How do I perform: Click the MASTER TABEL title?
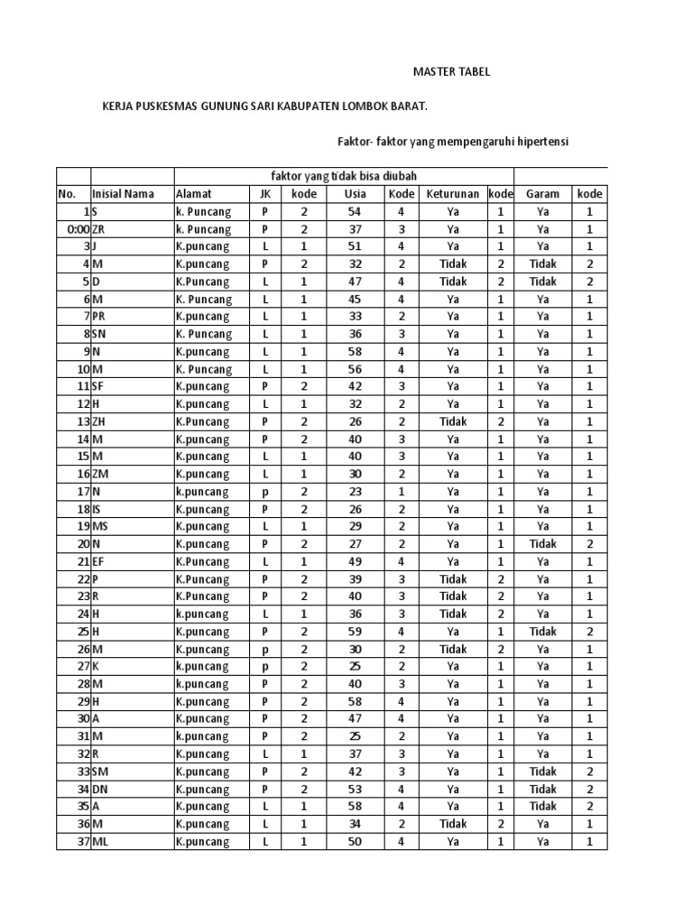(451, 72)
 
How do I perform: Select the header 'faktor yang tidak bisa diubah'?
(344, 175)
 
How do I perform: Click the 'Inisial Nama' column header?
(123, 193)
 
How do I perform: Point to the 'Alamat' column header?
(195, 193)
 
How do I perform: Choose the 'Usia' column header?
(356, 193)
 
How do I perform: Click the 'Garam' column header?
(542, 193)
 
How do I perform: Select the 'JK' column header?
(265, 193)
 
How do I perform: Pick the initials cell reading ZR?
(99, 229)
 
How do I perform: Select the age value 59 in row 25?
(356, 632)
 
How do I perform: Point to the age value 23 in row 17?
(356, 492)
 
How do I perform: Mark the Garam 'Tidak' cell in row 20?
(542, 544)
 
